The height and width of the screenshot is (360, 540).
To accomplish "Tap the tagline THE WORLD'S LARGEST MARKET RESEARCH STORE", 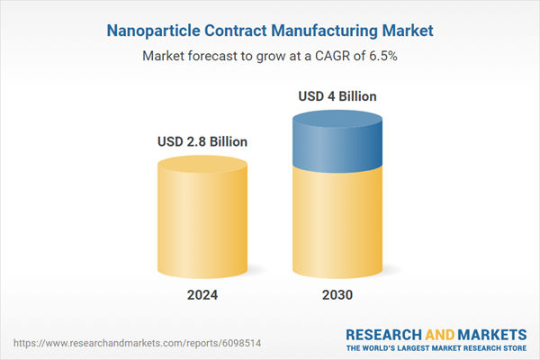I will [x=436, y=346].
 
